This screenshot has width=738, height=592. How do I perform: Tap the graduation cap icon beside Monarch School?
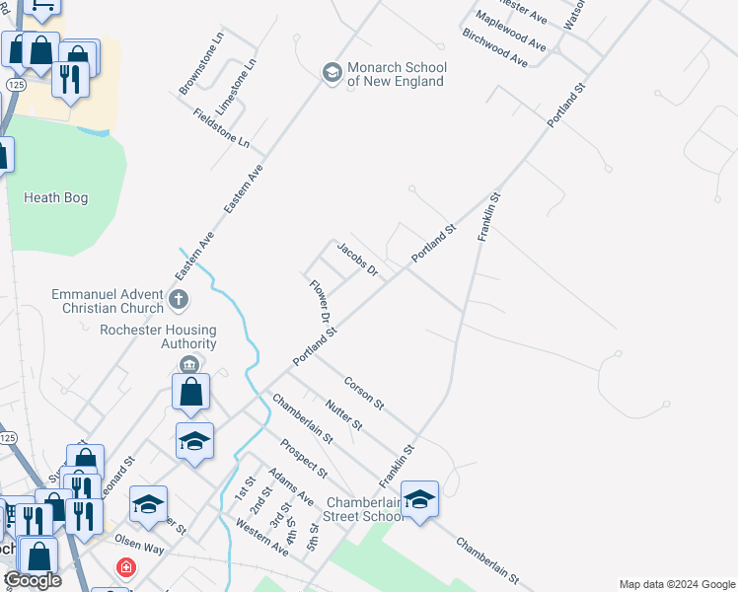[332, 73]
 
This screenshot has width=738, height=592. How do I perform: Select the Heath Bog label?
[55, 198]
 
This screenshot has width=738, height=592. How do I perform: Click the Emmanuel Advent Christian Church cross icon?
[179, 298]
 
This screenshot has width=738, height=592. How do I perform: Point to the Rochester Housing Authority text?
[158, 337]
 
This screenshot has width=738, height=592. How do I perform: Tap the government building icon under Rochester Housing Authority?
[186, 364]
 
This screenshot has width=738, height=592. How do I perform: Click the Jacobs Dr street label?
[358, 259]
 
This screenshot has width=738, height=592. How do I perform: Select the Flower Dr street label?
[319, 303]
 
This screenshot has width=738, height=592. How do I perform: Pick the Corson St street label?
[363, 392]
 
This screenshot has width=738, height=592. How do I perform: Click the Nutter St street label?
[344, 412]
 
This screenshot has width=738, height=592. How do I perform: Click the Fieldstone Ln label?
[221, 129]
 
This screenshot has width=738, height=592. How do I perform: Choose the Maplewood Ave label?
[510, 31]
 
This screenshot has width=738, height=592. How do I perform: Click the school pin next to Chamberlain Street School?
[419, 499]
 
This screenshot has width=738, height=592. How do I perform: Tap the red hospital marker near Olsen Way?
[125, 567]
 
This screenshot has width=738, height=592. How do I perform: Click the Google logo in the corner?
[33, 580]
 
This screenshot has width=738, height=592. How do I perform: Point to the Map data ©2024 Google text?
[676, 584]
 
